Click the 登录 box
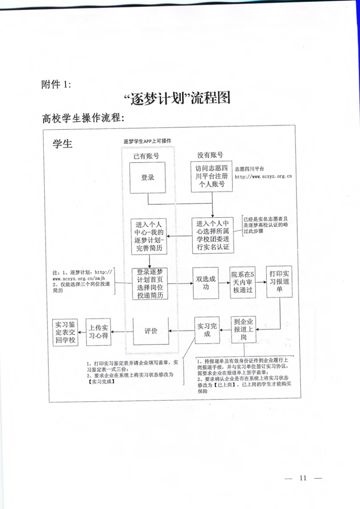pyautogui.click(x=148, y=178)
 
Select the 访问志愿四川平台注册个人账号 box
pyautogui.click(x=212, y=176)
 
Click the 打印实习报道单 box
pyautogui.click(x=279, y=282)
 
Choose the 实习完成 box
pyautogui.click(x=207, y=330)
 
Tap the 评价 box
pyautogui.click(x=151, y=331)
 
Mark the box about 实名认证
pyautogui.click(x=213, y=236)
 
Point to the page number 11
pyautogui.click(x=303, y=478)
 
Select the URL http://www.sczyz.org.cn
pyautogui.click(x=263, y=176)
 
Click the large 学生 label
pyautogui.click(x=63, y=144)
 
